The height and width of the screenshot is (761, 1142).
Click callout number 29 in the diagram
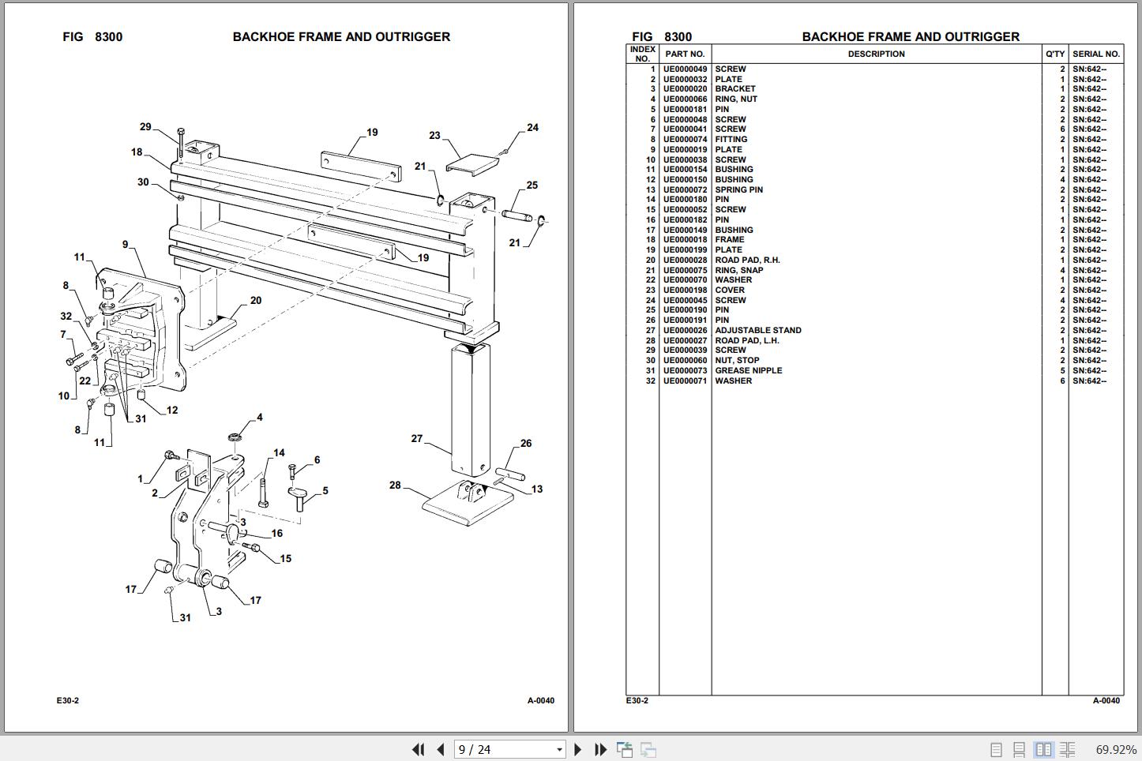(145, 127)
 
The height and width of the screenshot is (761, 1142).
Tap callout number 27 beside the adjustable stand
(417, 439)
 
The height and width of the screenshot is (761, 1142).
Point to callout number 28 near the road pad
(395, 485)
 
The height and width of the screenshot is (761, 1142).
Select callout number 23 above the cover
(434, 136)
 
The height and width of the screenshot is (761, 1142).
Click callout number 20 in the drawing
(256, 301)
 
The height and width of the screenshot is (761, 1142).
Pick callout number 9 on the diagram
(125, 245)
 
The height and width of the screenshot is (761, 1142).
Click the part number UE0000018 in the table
(685, 240)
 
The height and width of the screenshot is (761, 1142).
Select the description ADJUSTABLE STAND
(758, 331)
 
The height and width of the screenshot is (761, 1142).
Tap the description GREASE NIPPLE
(749, 371)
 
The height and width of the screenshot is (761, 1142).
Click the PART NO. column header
(685, 54)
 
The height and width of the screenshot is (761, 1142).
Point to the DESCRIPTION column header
(876, 54)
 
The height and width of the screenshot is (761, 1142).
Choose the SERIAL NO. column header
(1095, 54)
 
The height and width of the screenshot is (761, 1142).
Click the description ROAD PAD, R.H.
(747, 261)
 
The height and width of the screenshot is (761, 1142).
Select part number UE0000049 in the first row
(685, 69)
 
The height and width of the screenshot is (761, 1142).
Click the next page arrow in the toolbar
(577, 749)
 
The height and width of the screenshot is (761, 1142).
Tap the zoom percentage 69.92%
(1116, 749)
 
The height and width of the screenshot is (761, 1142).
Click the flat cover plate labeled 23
(471, 163)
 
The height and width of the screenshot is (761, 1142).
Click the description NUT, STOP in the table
(737, 361)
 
